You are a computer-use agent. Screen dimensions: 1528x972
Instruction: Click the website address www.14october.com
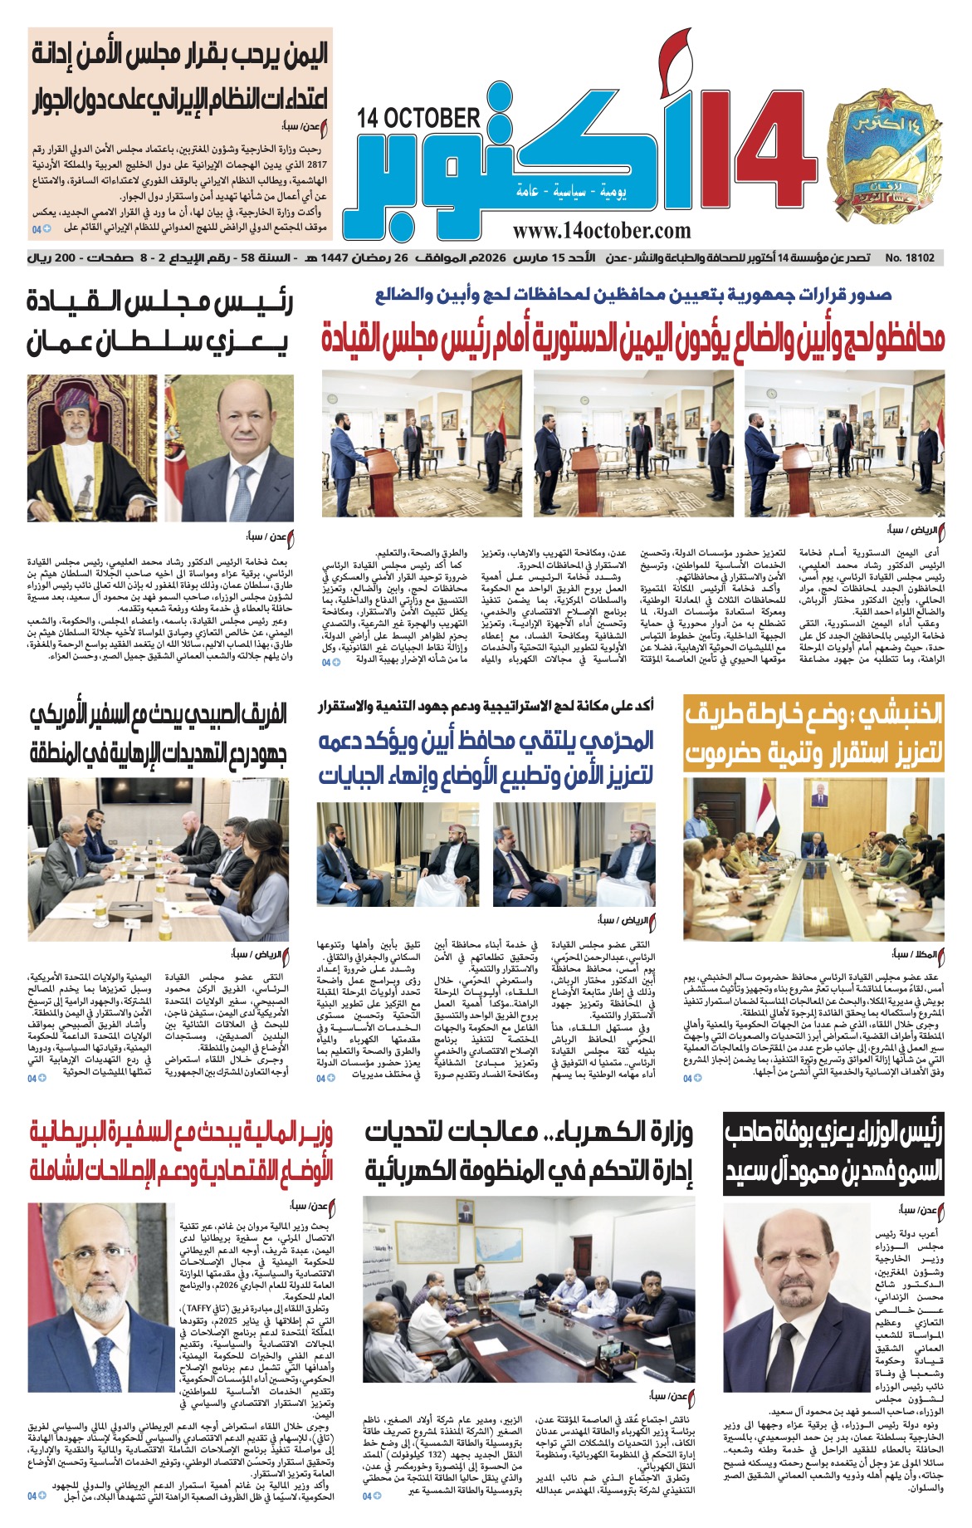[602, 230]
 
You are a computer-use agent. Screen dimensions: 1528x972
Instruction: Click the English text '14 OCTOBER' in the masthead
[418, 118]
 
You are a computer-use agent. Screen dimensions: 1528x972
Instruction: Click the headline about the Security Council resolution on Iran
[178, 77]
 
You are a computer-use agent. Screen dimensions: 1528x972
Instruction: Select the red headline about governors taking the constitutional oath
[633, 339]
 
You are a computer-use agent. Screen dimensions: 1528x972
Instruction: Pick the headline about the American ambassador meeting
[158, 733]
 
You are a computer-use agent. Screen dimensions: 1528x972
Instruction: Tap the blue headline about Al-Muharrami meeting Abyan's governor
[486, 757]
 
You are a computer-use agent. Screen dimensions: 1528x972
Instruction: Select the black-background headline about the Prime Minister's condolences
[833, 1153]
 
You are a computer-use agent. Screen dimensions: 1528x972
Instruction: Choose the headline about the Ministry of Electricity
[529, 1151]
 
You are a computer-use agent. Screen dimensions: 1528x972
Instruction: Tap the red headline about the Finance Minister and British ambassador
[181, 1149]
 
